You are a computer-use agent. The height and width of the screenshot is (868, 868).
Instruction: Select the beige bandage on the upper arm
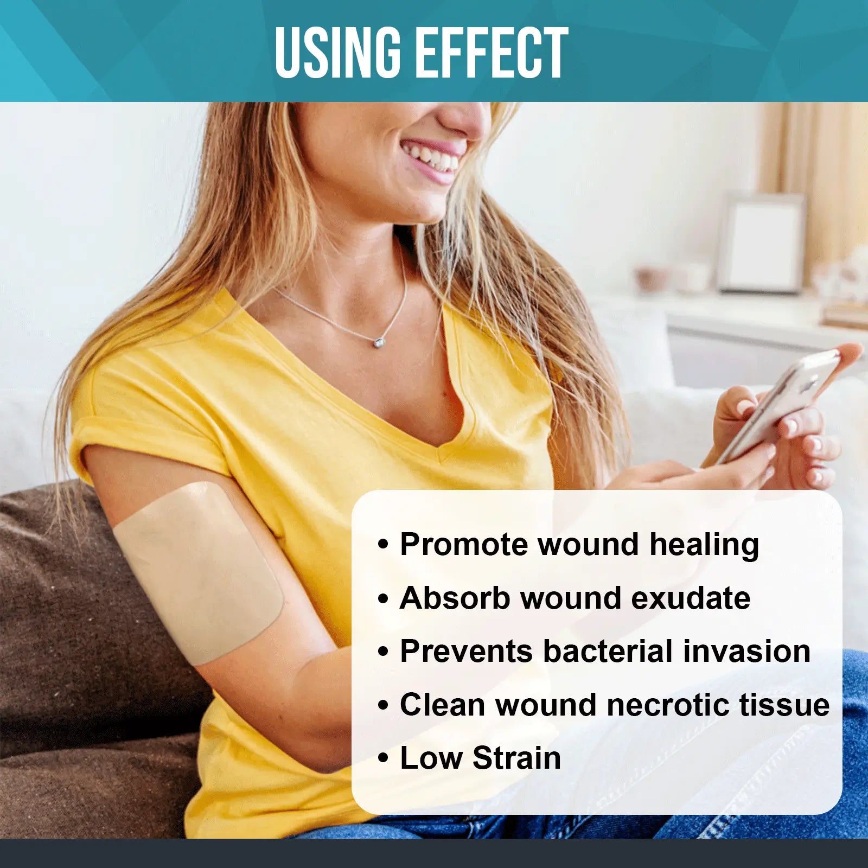pyautogui.click(x=200, y=573)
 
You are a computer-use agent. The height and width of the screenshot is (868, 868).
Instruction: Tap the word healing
pyautogui.click(x=704, y=545)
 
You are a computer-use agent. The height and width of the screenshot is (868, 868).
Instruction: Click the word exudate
pyautogui.click(x=691, y=598)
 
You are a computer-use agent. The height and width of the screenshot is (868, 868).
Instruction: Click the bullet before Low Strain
pyautogui.click(x=384, y=758)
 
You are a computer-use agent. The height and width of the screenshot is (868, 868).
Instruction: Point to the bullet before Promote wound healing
pyautogui.click(x=384, y=545)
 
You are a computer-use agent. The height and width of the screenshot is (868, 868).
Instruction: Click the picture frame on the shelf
pyautogui.click(x=761, y=242)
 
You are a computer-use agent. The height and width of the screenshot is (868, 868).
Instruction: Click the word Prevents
pyautogui.click(x=466, y=651)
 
